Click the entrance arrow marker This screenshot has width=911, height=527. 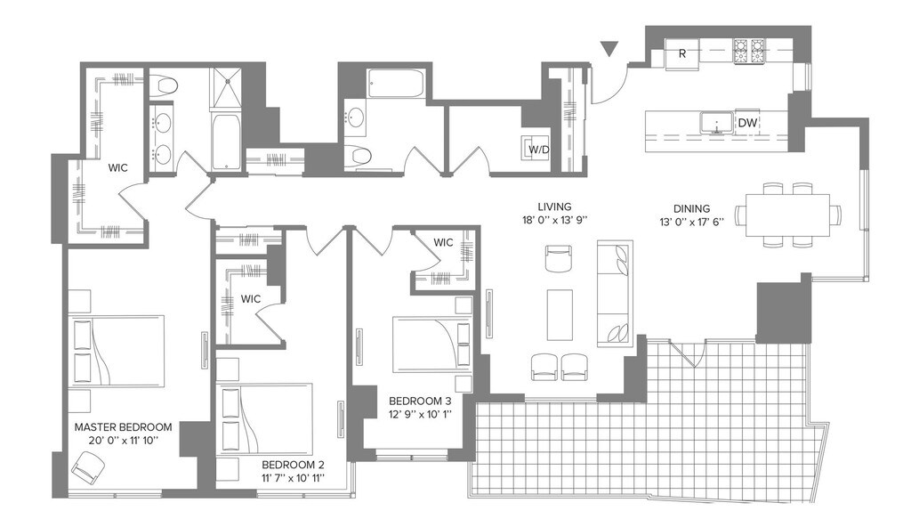point(609,50)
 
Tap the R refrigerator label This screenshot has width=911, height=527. point(681,53)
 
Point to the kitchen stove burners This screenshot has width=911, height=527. point(751,51)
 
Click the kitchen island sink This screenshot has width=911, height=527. point(713,122)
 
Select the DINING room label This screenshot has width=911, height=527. point(679,206)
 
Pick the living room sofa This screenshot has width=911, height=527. point(615,292)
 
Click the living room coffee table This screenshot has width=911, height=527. point(559,313)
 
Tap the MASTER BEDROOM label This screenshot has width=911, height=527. point(123,427)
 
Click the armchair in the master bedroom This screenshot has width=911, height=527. point(89,465)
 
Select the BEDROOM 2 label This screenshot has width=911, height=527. point(293,465)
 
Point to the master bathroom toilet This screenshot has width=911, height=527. point(164,85)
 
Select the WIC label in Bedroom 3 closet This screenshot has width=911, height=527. point(443,242)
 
